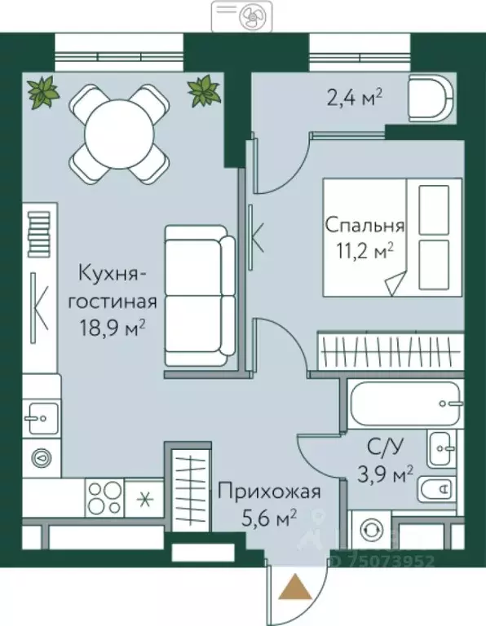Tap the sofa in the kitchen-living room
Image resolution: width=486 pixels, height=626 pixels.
[199, 295]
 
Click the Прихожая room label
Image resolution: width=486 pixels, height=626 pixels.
[268, 492]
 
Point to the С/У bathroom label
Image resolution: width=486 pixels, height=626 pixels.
[386, 447]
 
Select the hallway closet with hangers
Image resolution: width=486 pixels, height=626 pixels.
[189, 487]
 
